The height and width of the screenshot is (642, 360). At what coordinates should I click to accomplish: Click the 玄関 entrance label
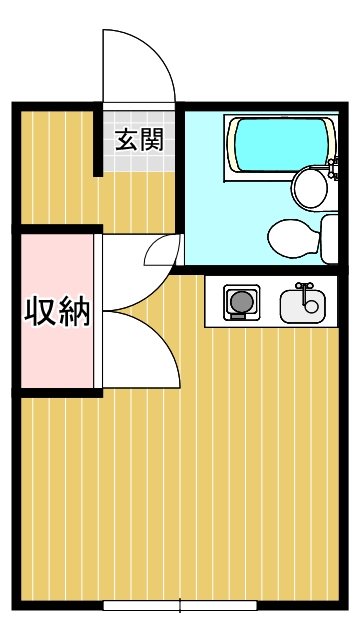[x=139, y=140]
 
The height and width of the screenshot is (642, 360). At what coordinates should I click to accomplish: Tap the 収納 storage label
[x=57, y=312]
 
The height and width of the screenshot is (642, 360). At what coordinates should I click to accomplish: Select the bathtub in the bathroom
[x=280, y=145]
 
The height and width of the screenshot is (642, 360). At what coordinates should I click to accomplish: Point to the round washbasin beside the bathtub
[x=308, y=186]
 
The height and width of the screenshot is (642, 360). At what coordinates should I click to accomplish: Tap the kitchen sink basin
[x=301, y=304]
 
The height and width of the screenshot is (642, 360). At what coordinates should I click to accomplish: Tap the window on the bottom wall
[x=180, y=606]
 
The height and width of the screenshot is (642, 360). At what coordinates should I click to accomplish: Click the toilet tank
[x=330, y=237]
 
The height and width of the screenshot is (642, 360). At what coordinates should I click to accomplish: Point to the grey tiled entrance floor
[x=139, y=160]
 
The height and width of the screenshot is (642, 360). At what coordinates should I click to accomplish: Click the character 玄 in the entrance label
[x=127, y=140]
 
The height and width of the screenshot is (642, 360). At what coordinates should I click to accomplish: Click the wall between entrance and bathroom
[x=182, y=170]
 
